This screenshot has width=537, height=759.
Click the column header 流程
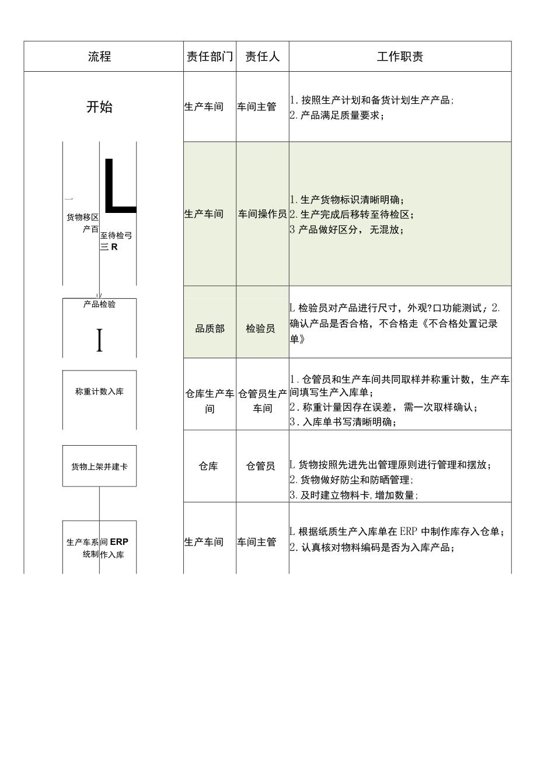coord(100,57)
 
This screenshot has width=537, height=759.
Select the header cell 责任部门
coord(210,57)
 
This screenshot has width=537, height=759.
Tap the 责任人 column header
coord(262,57)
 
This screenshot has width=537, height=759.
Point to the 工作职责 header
coord(400,57)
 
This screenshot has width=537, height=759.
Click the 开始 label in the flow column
coord(99,107)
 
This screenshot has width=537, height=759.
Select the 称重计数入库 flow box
coord(99,392)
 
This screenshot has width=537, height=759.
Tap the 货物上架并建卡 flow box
coord(99,466)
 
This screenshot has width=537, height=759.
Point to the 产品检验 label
coord(99,305)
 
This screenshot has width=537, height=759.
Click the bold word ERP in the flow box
coord(119,542)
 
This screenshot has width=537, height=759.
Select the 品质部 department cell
coord(210,329)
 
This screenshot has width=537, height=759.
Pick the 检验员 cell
coord(260,329)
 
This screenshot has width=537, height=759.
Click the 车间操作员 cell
coord(262,214)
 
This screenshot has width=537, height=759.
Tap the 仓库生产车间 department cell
coord(210,401)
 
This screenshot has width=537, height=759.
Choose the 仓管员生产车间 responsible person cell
coord(263,401)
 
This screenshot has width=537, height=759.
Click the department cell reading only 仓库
coord(208,466)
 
